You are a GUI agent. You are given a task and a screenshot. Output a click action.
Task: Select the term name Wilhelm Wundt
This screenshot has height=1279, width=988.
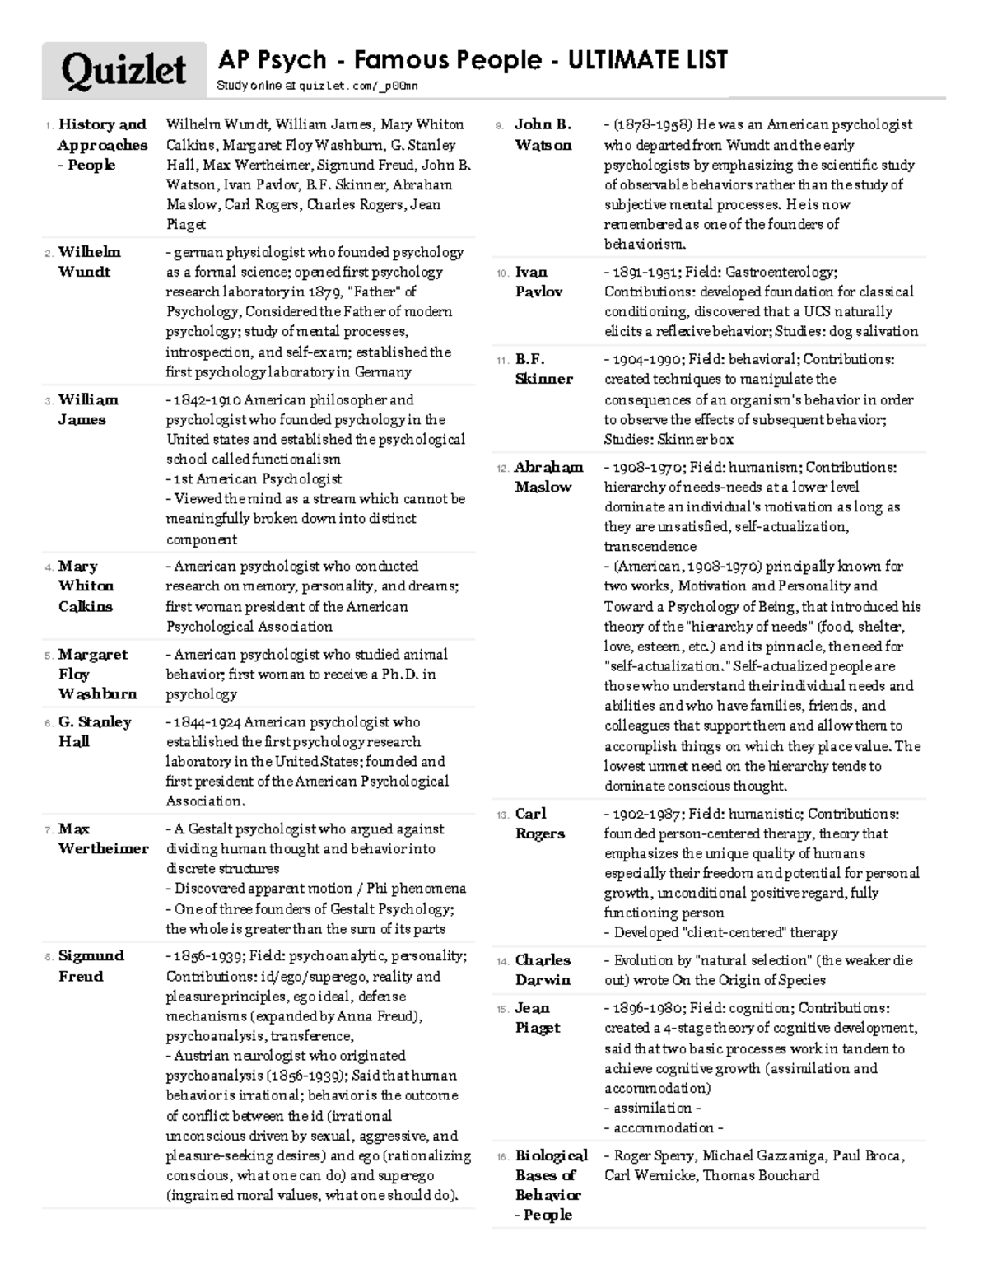[89, 262]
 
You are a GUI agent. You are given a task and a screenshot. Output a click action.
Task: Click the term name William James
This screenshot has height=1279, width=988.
[87, 409]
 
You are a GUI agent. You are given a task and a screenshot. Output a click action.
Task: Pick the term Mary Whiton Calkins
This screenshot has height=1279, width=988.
[86, 586]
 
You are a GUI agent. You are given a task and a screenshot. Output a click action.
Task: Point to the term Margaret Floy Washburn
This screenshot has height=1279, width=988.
[96, 674]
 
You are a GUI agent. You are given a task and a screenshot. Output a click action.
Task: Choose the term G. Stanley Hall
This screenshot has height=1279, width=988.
[94, 731]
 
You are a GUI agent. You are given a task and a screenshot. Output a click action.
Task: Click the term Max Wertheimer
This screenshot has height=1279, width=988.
[103, 838]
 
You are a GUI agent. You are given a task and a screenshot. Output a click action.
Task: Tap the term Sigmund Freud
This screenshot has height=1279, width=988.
[91, 965]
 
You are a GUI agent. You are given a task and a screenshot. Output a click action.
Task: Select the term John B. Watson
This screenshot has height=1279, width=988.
[543, 134]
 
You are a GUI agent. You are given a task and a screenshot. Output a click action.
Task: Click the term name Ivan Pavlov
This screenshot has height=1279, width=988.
[538, 282]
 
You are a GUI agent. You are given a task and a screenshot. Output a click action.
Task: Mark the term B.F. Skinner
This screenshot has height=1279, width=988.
[543, 369]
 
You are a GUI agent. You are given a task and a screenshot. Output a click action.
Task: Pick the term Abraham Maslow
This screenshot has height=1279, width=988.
[548, 477]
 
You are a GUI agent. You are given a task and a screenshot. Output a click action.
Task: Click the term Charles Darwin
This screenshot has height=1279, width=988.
[543, 969]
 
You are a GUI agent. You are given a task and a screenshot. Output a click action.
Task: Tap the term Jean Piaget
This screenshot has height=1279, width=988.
[537, 1018]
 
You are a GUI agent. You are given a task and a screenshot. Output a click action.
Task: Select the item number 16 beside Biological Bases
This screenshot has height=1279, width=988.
[502, 1157]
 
